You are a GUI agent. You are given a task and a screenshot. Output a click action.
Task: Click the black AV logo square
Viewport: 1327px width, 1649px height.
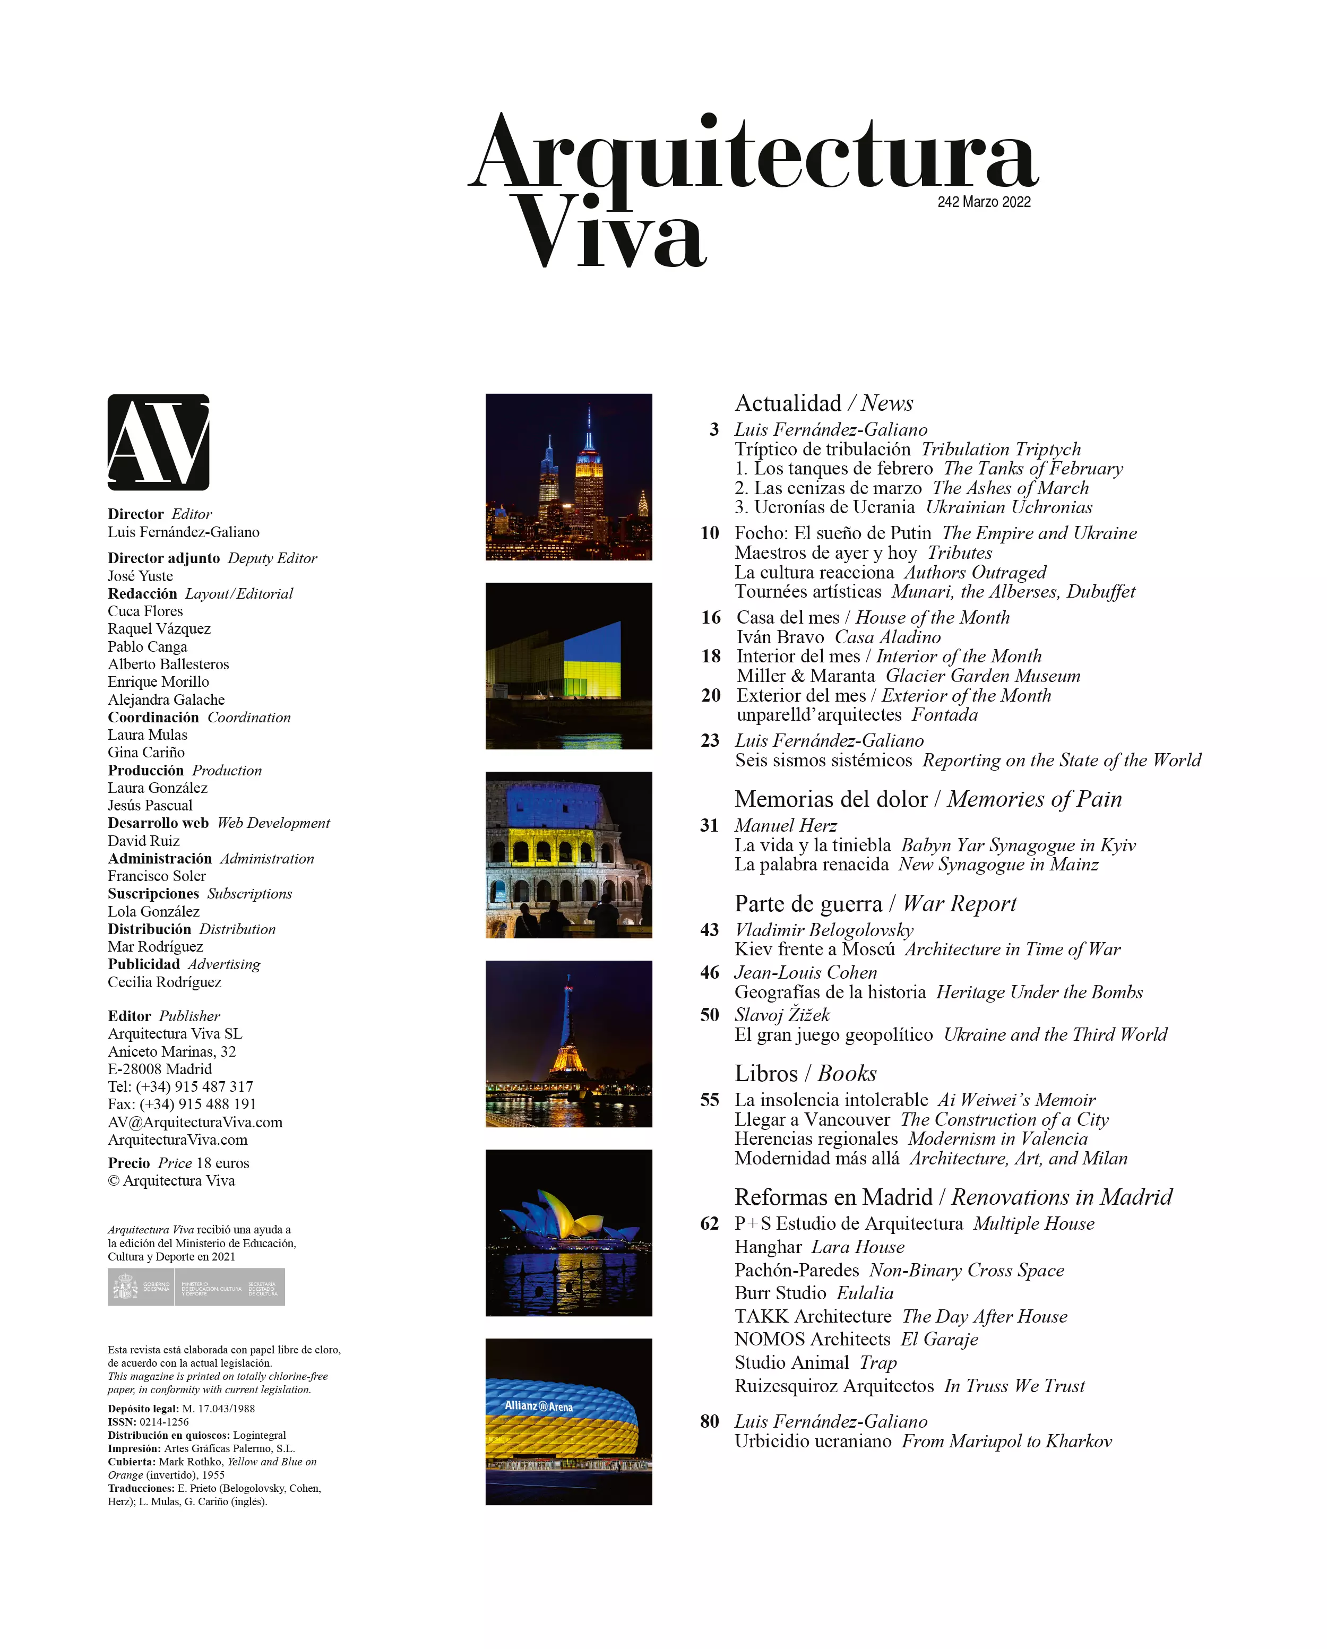pyautogui.click(x=158, y=442)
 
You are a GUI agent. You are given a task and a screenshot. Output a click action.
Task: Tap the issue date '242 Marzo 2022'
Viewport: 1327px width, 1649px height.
pyautogui.click(x=984, y=202)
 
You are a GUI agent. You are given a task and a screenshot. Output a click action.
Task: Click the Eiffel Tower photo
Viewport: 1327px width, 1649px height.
pyautogui.click(x=568, y=1043)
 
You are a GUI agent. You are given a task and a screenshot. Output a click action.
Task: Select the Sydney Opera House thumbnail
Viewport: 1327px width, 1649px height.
pyautogui.click(x=568, y=1232)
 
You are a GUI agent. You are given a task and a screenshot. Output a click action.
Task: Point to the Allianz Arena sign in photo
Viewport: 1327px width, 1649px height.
pyautogui.click(x=538, y=1406)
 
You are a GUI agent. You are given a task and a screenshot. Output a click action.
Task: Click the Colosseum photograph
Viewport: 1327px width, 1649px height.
pyautogui.click(x=568, y=854)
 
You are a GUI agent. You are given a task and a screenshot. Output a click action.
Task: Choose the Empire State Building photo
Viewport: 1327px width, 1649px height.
pyautogui.click(x=568, y=477)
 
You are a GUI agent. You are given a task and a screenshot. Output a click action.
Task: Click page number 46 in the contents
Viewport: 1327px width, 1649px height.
pyautogui.click(x=709, y=972)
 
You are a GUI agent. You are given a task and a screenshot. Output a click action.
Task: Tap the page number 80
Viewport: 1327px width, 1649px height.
pyautogui.click(x=709, y=1421)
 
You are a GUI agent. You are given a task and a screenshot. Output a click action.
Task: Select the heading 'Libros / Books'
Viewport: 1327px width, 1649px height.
pyautogui.click(x=805, y=1073)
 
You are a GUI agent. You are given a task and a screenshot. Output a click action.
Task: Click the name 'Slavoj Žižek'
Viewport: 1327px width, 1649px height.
pyautogui.click(x=782, y=1015)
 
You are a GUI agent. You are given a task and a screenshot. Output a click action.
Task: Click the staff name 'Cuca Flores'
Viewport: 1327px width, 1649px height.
pyautogui.click(x=145, y=611)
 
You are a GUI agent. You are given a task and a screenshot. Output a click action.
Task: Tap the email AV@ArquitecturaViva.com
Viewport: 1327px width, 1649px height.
pyautogui.click(x=195, y=1122)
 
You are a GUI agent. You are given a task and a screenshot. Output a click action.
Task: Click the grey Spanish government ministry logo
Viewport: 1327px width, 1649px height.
pyautogui.click(x=196, y=1287)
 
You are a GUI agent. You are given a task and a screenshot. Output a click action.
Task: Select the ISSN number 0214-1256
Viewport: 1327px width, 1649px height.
pyautogui.click(x=163, y=1422)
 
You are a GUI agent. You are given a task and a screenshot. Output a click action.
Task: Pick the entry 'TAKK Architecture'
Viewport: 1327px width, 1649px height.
pyautogui.click(x=812, y=1316)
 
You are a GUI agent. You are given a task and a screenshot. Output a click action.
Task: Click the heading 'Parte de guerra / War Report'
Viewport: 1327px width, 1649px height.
pyautogui.click(x=875, y=903)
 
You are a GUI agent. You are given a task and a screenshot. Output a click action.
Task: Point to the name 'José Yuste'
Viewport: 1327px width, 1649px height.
pyautogui.click(x=140, y=576)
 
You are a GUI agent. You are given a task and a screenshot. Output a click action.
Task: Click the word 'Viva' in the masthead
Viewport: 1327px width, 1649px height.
pyautogui.click(x=609, y=234)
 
